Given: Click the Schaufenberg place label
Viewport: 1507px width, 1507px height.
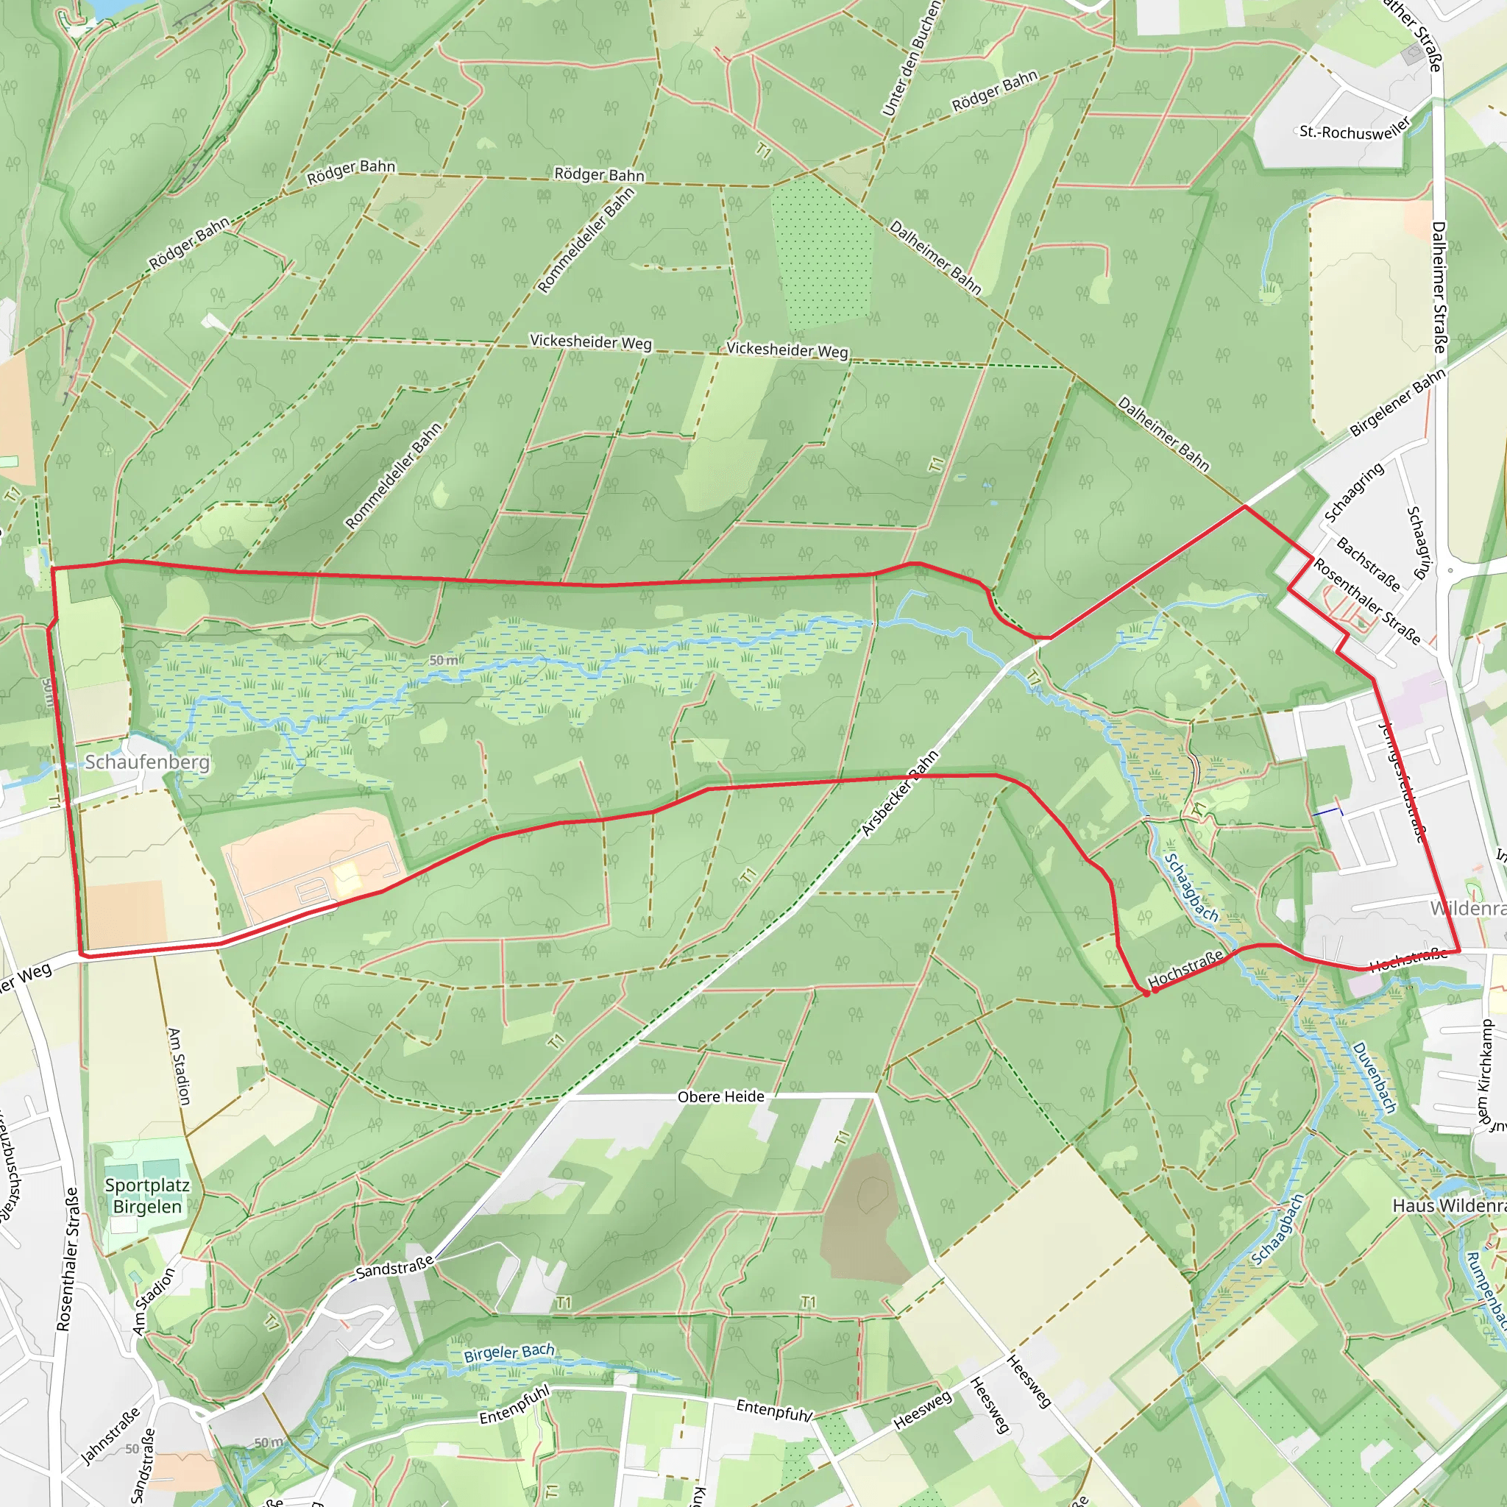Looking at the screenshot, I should pos(146,762).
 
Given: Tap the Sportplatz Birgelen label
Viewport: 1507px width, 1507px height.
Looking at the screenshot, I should pos(146,1196).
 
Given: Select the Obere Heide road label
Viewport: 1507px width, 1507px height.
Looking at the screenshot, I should pos(720,1096).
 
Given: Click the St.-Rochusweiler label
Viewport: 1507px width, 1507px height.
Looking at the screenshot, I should pos(1355,130).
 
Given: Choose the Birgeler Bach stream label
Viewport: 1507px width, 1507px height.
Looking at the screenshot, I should pos(508,1353).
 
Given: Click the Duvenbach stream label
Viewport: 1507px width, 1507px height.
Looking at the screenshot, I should pos(1374,1077).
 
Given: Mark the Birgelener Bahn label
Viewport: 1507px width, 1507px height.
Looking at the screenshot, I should pos(1398,403).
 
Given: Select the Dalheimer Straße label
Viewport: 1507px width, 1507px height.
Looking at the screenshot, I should pos(1439,287).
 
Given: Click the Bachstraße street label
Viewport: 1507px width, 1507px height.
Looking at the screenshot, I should pos(1368,564).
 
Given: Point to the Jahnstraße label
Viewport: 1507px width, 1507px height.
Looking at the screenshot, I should pos(111,1435).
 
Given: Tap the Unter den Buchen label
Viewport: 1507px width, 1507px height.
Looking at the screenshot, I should pos(911,60).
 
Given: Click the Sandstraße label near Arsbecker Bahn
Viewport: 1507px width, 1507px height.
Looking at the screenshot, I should pos(394,1268).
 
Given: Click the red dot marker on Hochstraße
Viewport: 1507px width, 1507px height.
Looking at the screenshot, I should pos(1146,993).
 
